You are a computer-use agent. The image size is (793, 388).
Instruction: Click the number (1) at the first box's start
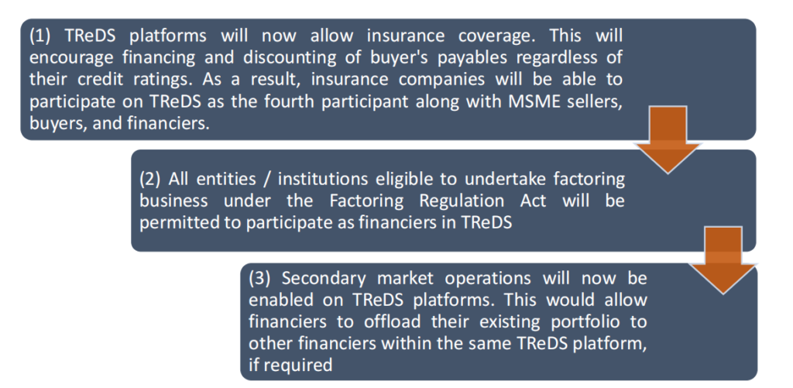[40, 37]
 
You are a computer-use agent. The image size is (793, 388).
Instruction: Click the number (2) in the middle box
[151, 180]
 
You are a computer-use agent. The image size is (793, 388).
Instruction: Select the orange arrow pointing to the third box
[723, 260]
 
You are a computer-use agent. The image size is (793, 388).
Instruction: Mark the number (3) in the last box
[260, 279]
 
